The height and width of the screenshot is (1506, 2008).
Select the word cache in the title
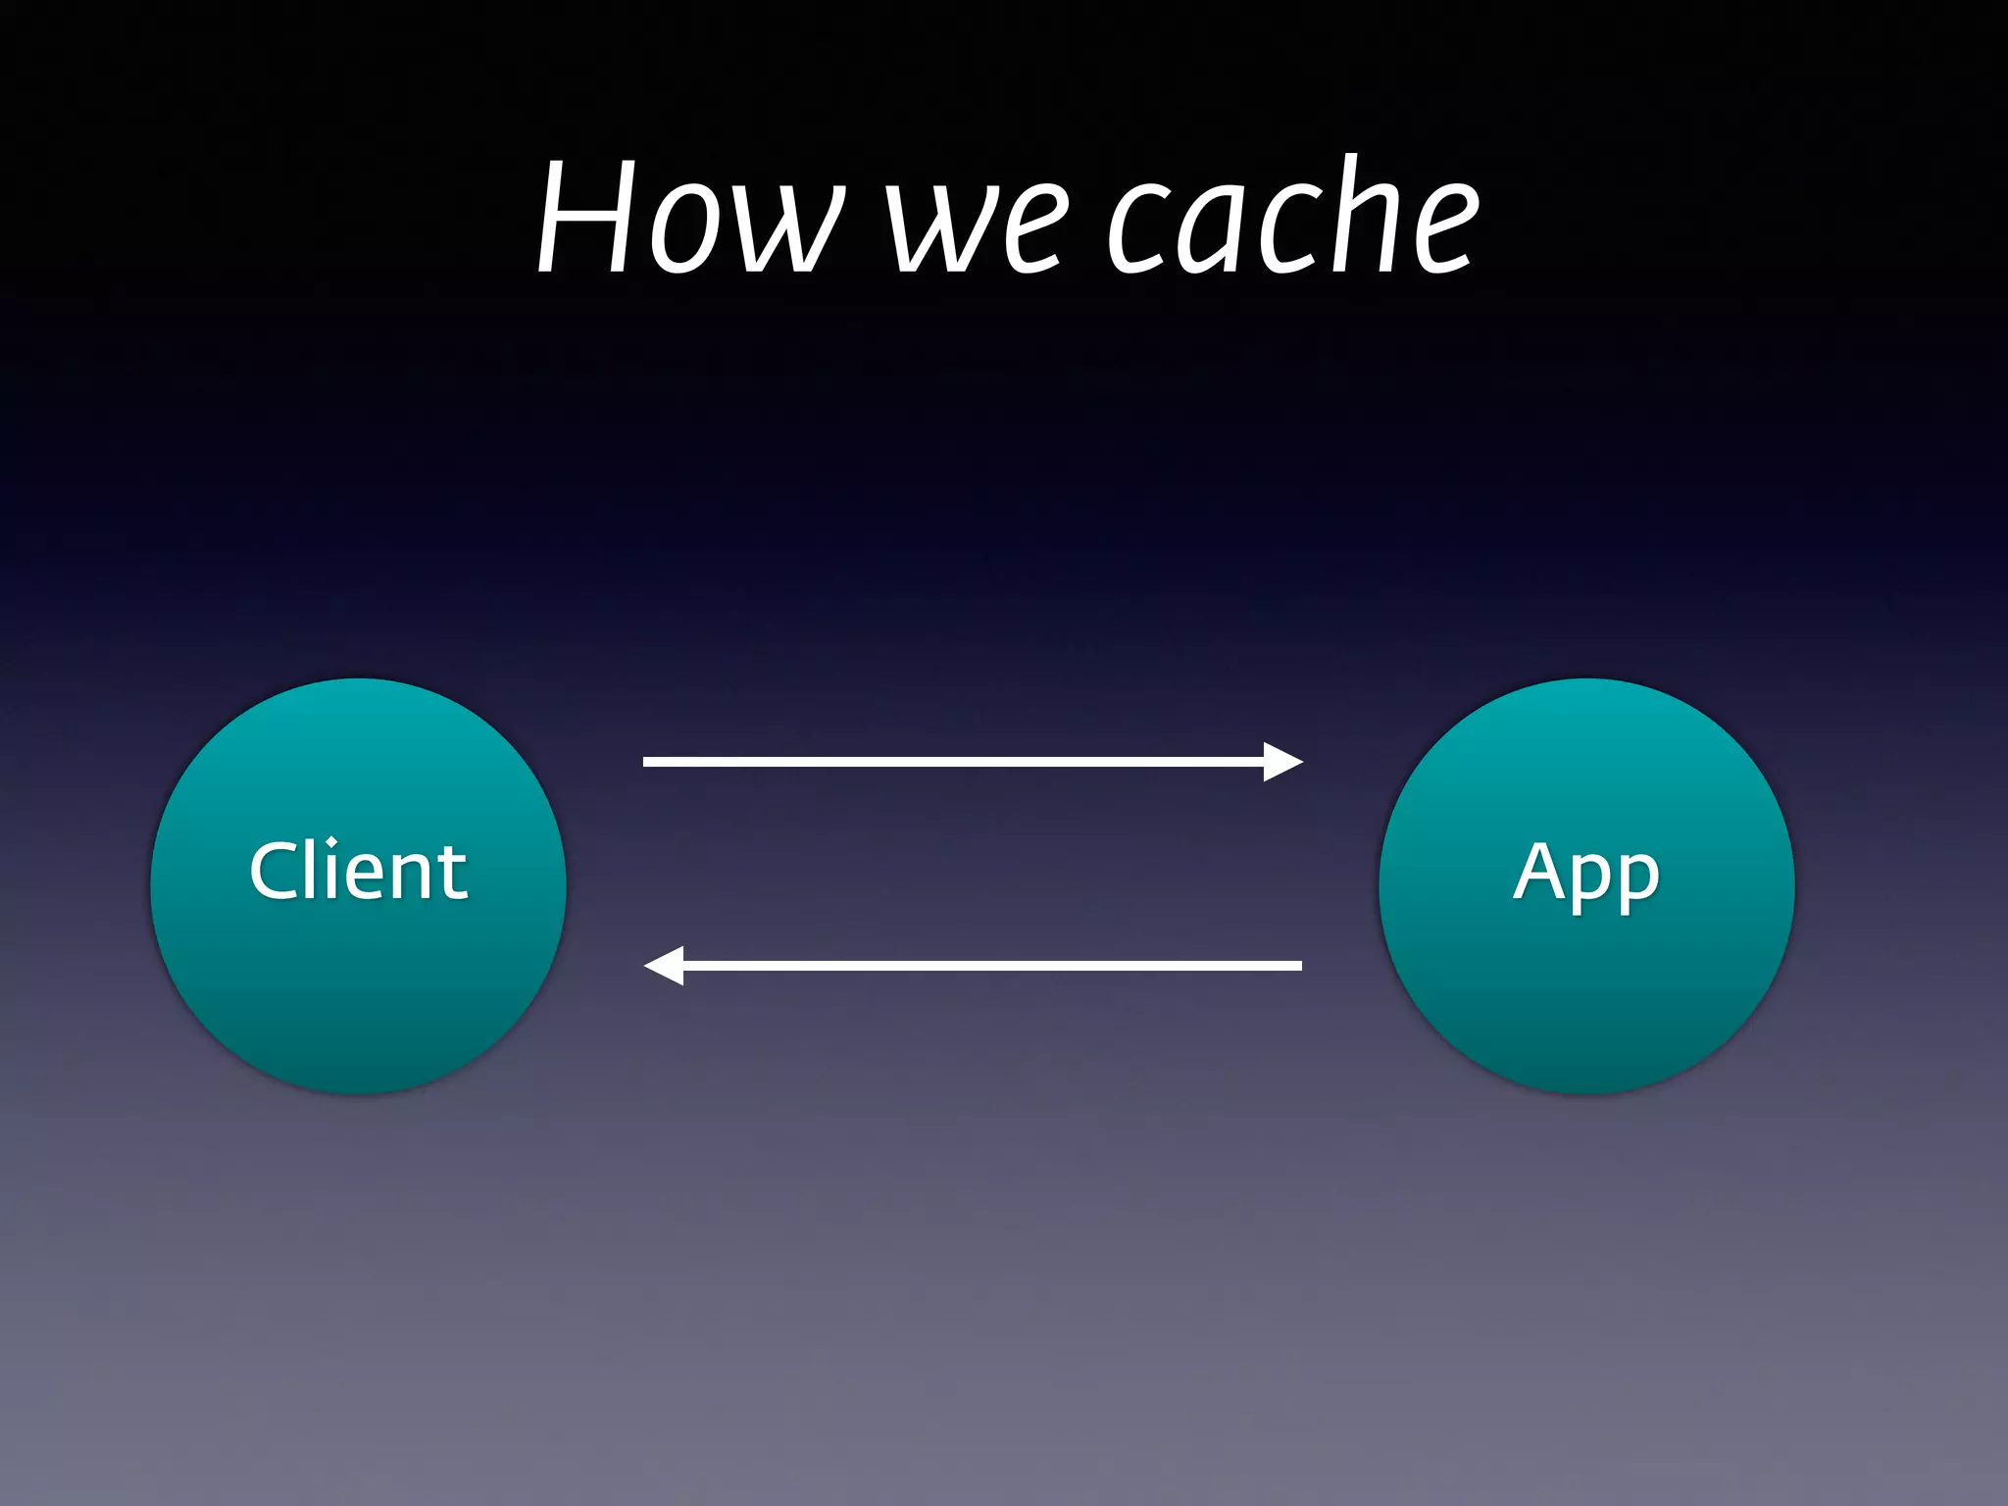[1293, 218]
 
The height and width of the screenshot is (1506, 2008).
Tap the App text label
[1586, 873]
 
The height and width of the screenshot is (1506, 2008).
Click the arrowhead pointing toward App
[1282, 762]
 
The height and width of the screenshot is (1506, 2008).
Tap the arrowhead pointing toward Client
[664, 966]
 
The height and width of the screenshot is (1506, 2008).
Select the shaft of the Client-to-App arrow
[951, 762]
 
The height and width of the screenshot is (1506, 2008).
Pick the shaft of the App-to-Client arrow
[990, 966]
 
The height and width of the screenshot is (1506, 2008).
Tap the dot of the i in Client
[332, 842]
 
